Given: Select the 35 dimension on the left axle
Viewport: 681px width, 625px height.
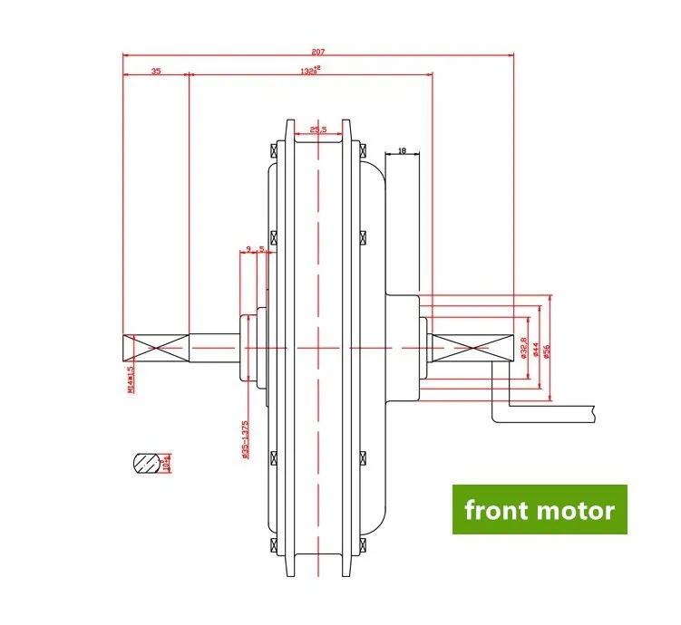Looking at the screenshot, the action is [156, 69].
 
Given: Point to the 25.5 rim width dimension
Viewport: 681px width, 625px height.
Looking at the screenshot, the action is [317, 130].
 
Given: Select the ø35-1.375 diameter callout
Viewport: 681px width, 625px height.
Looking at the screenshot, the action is [246, 441].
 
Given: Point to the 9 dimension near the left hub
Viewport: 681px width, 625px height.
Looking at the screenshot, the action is [247, 247].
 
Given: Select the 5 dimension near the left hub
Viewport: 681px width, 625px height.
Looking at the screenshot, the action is [262, 247].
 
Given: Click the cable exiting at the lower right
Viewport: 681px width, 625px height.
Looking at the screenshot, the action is [544, 412].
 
